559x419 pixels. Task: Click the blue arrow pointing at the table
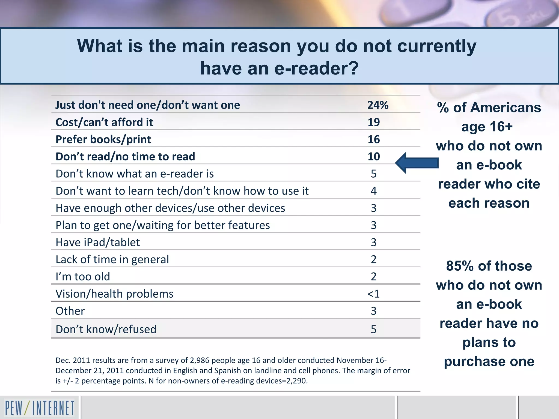417,163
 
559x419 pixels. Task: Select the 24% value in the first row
377,105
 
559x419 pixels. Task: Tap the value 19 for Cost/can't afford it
374,122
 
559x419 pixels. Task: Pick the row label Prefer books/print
103,139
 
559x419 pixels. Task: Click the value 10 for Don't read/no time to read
374,157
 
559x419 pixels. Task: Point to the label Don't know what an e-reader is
135,174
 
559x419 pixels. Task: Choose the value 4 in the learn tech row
374,191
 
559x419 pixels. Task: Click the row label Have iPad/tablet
98,242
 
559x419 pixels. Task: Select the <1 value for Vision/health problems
373,294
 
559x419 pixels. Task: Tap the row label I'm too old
83,277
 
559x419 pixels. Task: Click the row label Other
70,311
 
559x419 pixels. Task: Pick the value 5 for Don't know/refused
374,329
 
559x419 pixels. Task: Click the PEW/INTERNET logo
40,408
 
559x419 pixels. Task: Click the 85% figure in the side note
460,266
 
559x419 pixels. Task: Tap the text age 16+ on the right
487,127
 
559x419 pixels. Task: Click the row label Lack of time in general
112,259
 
